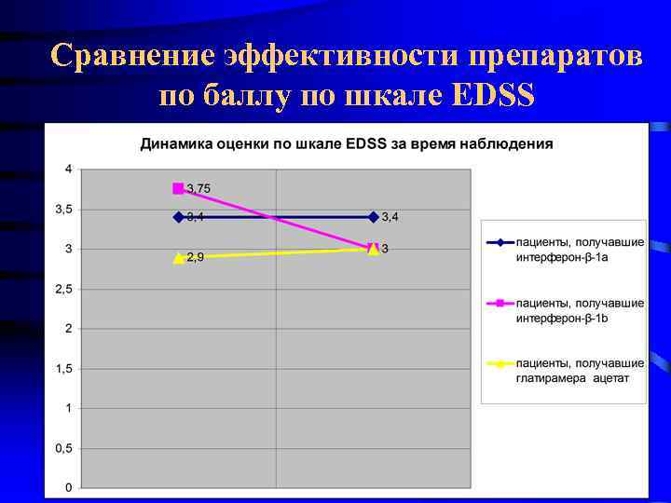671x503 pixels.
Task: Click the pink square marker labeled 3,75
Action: (x=178, y=188)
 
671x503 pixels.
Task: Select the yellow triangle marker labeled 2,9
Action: (x=178, y=258)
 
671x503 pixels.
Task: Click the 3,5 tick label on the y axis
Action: (x=63, y=210)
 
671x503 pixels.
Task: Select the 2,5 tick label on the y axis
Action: (x=63, y=289)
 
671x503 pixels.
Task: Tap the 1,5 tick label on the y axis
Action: (x=63, y=369)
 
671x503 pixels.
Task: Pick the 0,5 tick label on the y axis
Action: (x=63, y=448)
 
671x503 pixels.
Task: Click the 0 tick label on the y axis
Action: (x=68, y=488)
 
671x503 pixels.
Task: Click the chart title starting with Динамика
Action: (x=346, y=144)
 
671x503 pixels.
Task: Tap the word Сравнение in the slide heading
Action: (x=134, y=56)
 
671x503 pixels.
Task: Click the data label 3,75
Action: (x=199, y=188)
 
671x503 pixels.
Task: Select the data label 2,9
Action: (x=196, y=257)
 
